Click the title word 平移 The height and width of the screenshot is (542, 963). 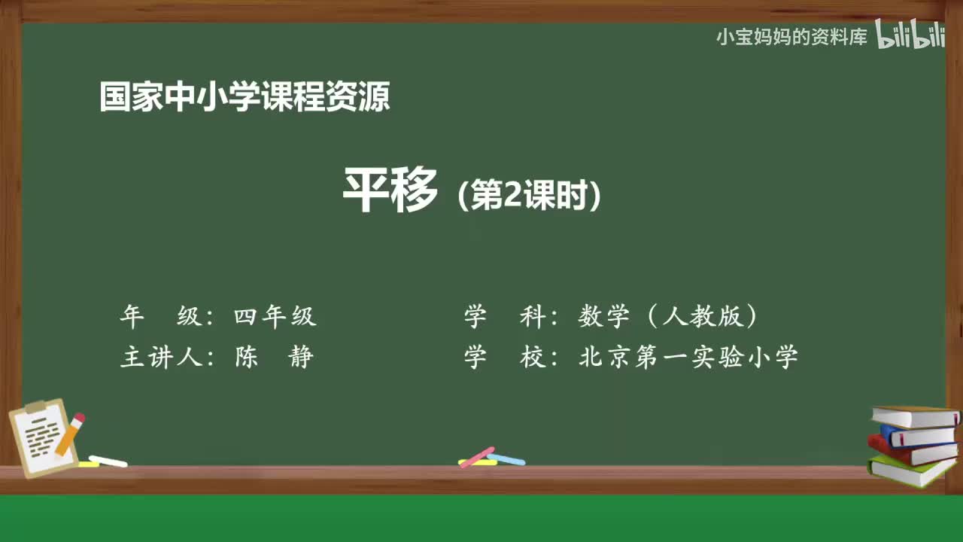click(x=390, y=191)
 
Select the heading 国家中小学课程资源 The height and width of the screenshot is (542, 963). click(x=245, y=98)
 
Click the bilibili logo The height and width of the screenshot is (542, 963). click(x=910, y=36)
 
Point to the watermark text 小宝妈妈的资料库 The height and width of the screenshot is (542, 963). click(x=791, y=37)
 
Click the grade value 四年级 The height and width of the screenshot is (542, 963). click(x=275, y=317)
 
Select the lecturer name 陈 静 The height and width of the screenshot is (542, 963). click(x=274, y=357)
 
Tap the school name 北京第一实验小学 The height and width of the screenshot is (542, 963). click(x=688, y=357)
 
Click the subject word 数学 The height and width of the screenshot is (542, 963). click(x=603, y=317)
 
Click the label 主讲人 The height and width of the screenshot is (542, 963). click(x=162, y=357)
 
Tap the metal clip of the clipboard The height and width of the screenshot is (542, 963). click(x=36, y=407)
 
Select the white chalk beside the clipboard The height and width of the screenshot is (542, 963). click(x=108, y=461)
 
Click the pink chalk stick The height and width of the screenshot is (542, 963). click(x=476, y=456)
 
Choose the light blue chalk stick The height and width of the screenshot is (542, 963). click(x=506, y=458)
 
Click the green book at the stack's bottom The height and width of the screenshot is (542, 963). click(x=910, y=470)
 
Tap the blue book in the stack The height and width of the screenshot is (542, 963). click(x=918, y=435)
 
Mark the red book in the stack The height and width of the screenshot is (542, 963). click(x=910, y=450)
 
